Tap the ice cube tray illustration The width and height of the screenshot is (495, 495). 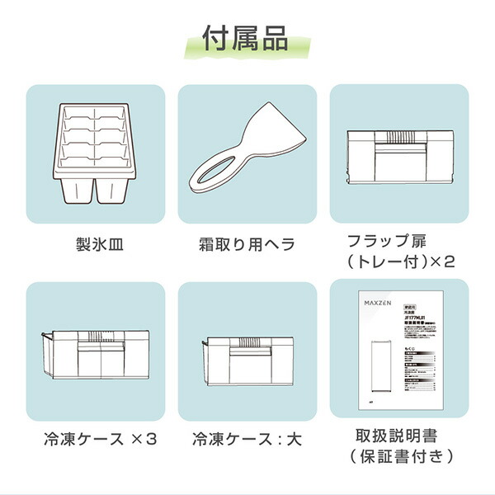pyautogui.click(x=95, y=154)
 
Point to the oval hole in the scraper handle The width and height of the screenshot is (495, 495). pyautogui.click(x=214, y=172)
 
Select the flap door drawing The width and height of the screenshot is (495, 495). pyautogui.click(x=399, y=156)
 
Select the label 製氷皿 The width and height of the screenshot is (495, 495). pyautogui.click(x=95, y=244)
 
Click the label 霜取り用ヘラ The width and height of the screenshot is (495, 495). pyautogui.click(x=247, y=244)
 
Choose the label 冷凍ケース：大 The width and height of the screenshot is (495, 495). pyautogui.click(x=247, y=438)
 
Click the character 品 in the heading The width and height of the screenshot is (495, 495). pyautogui.click(x=273, y=38)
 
